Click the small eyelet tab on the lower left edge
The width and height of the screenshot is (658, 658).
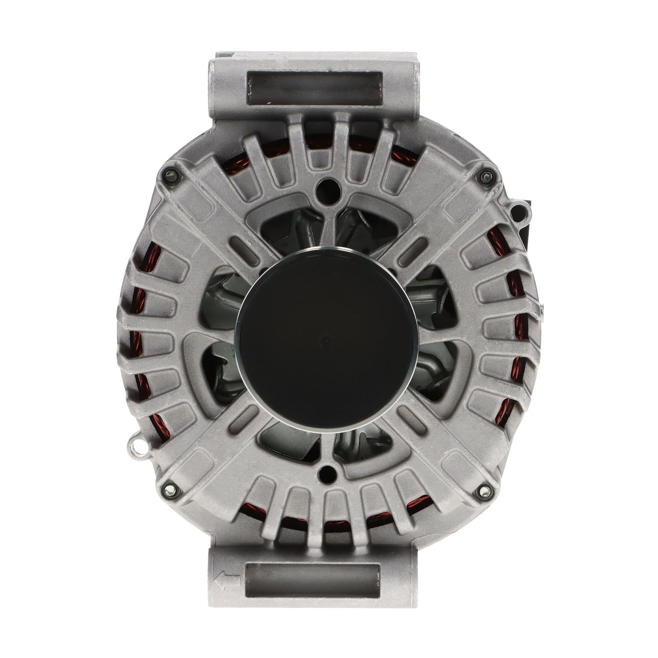(x=137, y=447)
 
